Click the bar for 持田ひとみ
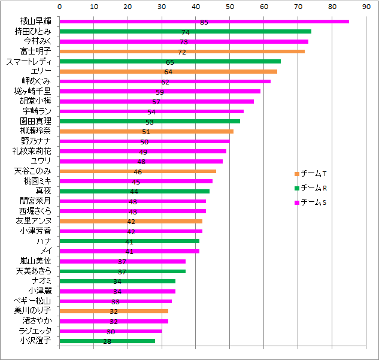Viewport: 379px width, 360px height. pyautogui.click(x=186, y=31)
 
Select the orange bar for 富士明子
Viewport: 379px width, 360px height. pyautogui.click(x=182, y=52)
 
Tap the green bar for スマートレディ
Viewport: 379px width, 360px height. pyautogui.click(x=170, y=61)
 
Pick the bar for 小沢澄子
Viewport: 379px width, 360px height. pyautogui.click(x=107, y=341)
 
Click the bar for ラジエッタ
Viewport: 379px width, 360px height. pyautogui.click(x=111, y=331)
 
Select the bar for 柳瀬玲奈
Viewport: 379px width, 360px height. pyautogui.click(x=147, y=131)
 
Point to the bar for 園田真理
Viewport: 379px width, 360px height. pyautogui.click(x=150, y=121)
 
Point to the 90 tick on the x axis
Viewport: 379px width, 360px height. pyautogui.click(x=366, y=7)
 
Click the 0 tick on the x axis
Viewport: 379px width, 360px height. pyautogui.click(x=60, y=7)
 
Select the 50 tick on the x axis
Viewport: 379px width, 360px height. pyautogui.click(x=230, y=7)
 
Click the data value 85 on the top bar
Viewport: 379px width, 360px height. pyautogui.click(x=204, y=22)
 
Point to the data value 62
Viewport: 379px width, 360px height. pyautogui.click(x=165, y=82)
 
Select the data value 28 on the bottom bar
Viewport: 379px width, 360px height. pyautogui.click(x=107, y=342)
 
